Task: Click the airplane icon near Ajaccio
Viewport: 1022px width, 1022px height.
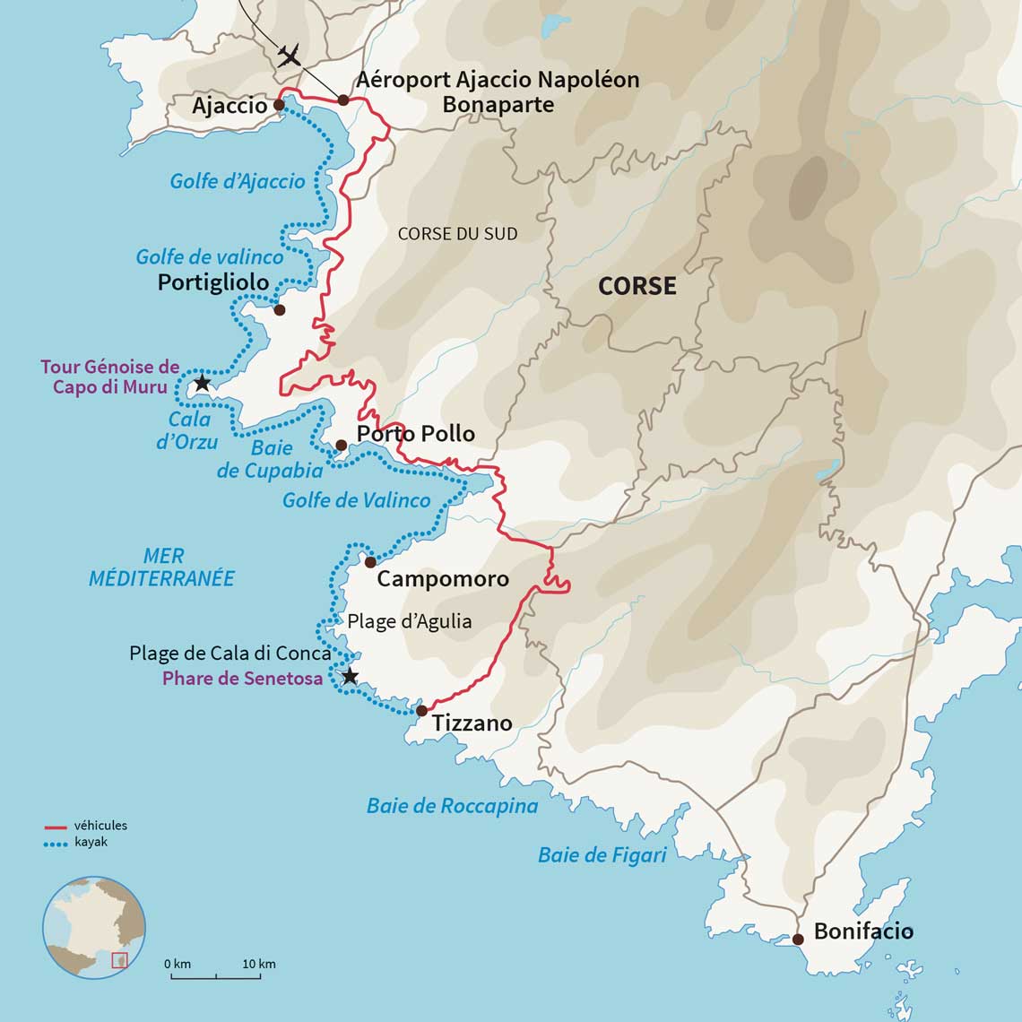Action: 289,56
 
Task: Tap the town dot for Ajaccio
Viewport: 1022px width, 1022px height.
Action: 279,105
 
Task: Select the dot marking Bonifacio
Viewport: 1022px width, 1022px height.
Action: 798,940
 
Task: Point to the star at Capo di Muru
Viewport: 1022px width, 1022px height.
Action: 202,383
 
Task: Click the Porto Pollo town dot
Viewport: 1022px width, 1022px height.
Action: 341,446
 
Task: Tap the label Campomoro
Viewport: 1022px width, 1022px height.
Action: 442,579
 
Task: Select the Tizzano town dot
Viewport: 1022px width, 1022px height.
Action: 421,710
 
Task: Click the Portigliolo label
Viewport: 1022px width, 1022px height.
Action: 213,282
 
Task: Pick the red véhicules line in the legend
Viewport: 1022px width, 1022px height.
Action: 56,827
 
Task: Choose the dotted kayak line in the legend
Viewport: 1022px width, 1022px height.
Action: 56,844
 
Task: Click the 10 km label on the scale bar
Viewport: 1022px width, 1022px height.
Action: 259,965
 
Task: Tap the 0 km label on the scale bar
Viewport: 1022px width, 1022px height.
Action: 178,965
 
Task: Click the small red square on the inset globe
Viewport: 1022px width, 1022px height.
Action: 119,960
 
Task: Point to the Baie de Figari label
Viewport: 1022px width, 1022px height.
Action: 602,855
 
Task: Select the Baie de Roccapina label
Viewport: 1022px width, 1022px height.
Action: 452,806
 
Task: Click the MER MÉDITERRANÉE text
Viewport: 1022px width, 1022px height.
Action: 162,567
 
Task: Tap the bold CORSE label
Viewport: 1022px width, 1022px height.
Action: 637,286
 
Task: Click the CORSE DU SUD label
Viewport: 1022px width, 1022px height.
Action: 457,234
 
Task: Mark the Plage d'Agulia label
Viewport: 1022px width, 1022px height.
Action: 409,621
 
